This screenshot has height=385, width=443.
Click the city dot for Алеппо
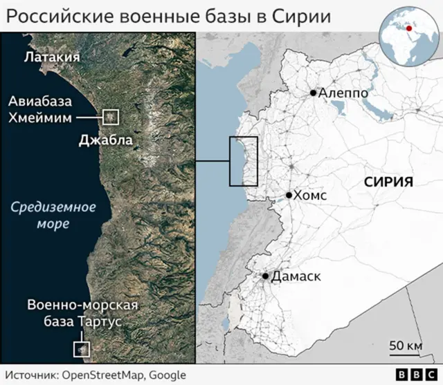pyautogui.click(x=314, y=93)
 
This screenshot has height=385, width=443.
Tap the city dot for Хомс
pyautogui.click(x=289, y=196)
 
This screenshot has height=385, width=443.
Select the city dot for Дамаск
pyautogui.click(x=265, y=276)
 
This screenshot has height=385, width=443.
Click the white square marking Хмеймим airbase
pyautogui.click(x=110, y=117)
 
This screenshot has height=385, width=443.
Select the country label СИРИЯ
pyautogui.click(x=388, y=182)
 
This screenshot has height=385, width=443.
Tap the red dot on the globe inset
pyautogui.click(x=409, y=28)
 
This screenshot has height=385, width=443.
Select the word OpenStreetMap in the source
pyautogui.click(x=102, y=375)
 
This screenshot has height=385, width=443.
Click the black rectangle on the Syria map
pyautogui.click(x=243, y=161)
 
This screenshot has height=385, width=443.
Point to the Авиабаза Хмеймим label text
pyautogui.click(x=40, y=110)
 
